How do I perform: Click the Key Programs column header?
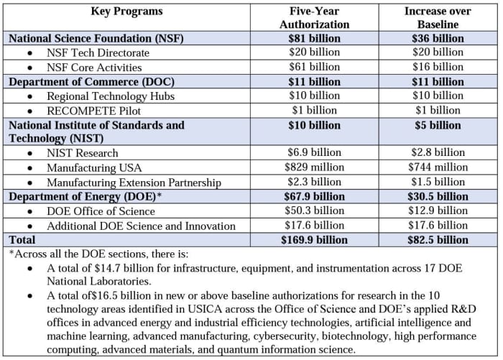click(126, 11)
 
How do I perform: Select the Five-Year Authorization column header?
click(315, 18)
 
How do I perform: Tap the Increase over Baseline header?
click(438, 18)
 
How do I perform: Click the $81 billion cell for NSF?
click(315, 39)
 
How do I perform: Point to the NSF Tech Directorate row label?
click(98, 52)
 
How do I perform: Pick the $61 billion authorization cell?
click(315, 67)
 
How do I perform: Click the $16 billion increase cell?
click(438, 67)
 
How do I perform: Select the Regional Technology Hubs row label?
click(111, 96)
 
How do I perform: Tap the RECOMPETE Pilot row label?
click(93, 111)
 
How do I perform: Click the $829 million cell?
click(315, 167)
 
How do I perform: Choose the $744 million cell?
click(438, 167)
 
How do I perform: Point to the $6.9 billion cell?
click(315, 152)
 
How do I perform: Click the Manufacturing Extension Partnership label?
click(134, 183)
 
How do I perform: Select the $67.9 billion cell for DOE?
click(315, 196)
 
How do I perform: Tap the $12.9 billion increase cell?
click(438, 211)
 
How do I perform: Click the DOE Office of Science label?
click(101, 211)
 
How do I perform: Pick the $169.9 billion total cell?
click(315, 240)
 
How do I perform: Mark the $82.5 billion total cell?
click(438, 240)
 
